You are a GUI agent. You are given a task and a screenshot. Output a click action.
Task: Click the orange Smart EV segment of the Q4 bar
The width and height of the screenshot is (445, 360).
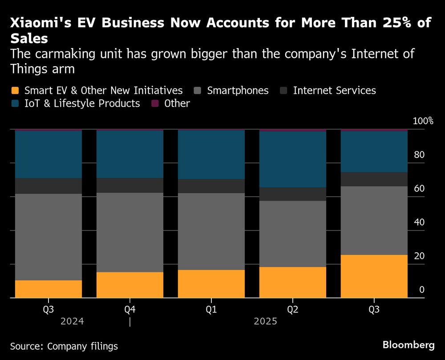click(129, 285)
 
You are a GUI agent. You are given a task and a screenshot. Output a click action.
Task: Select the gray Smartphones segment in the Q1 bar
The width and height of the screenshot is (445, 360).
click(211, 231)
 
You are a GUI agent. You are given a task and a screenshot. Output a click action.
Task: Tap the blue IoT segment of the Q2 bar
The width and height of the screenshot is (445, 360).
click(293, 159)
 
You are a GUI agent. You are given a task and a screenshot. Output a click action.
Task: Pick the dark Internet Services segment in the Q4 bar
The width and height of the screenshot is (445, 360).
click(129, 185)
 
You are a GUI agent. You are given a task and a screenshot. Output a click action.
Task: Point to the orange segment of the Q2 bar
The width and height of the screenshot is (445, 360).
click(293, 282)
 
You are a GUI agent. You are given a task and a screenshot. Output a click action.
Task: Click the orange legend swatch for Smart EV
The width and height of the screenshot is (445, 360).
click(15, 91)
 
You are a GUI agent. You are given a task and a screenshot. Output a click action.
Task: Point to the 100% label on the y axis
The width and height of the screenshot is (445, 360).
click(423, 121)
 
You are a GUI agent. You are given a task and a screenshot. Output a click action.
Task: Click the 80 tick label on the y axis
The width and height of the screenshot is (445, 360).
click(420, 155)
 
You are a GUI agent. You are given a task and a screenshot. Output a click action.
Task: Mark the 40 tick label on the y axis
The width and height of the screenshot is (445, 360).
click(420, 222)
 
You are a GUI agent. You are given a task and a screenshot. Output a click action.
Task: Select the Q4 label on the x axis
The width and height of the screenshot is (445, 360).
click(129, 309)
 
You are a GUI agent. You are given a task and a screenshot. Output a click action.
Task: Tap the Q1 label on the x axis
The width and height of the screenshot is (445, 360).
click(211, 309)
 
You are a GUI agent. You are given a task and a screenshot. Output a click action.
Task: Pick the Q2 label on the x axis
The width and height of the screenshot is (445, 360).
click(293, 309)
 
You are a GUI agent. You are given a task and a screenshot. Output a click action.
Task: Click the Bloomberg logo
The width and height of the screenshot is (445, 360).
click(409, 345)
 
